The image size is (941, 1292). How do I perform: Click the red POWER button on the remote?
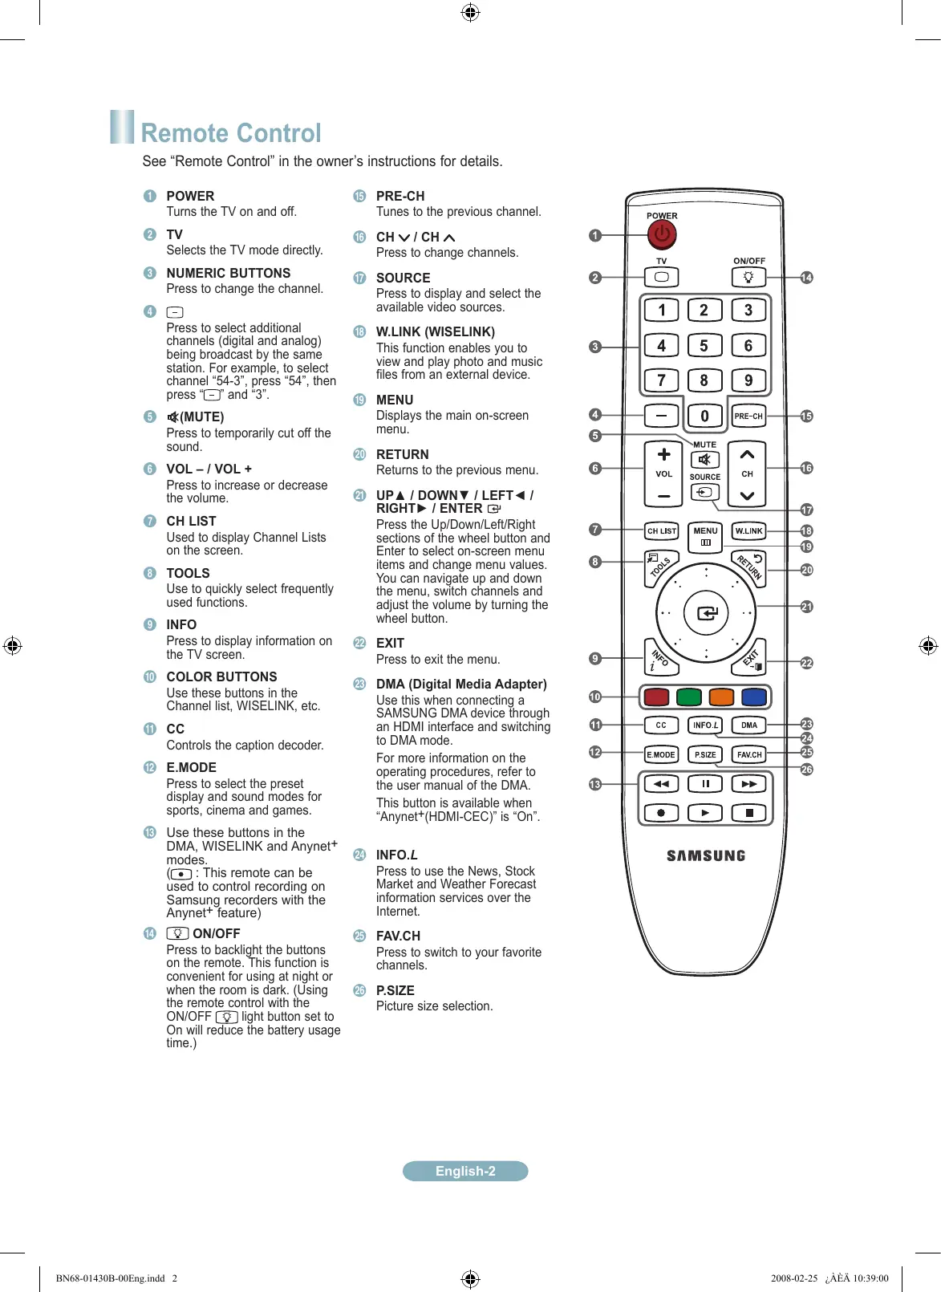point(662,234)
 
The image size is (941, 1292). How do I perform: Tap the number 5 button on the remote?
point(704,346)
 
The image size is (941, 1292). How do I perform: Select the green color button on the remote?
point(688,697)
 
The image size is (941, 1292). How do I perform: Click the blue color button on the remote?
point(753,697)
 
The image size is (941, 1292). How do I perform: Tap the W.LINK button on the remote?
point(748,531)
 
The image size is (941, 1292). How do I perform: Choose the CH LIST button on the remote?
point(662,531)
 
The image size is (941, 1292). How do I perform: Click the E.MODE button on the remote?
point(661,754)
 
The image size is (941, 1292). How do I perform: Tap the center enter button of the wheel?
point(706,613)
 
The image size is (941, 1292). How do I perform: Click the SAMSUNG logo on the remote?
point(706,856)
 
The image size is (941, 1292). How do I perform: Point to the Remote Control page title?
point(231,133)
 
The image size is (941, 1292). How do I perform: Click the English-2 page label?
point(465,1171)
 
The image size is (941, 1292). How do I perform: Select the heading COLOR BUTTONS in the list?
point(221,676)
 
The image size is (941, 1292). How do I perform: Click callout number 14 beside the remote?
point(806,278)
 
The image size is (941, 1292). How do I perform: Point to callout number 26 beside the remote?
point(806,769)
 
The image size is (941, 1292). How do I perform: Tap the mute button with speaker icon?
point(704,460)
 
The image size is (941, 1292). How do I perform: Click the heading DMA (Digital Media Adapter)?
point(461,684)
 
